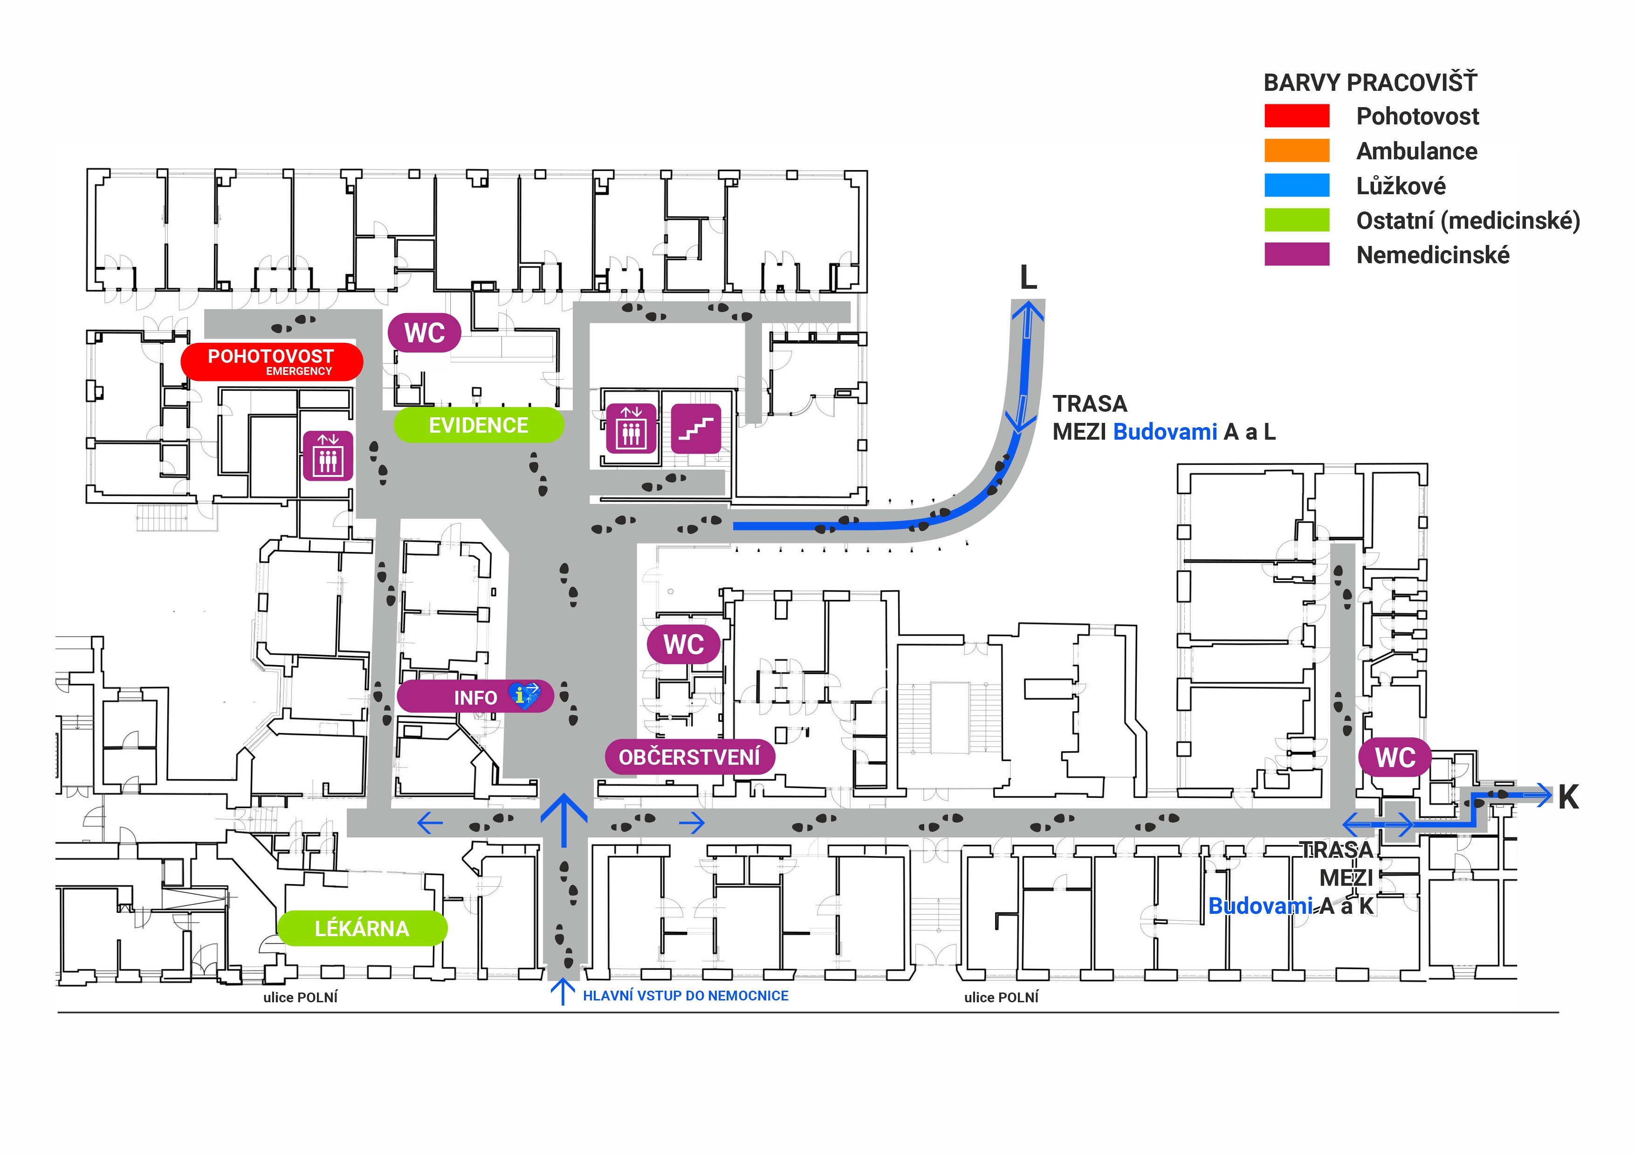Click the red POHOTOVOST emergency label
[271, 361]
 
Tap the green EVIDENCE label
[479, 425]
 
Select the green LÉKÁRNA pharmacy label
[362, 928]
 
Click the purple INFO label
[475, 697]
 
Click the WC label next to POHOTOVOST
[425, 333]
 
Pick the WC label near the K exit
[1395, 757]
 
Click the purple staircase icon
[696, 428]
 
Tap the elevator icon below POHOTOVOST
[328, 456]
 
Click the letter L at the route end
[1028, 277]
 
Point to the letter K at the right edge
[1568, 797]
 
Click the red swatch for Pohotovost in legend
[1296, 116]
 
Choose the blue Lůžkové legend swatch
[1296, 185]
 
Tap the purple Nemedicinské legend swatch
[1296, 254]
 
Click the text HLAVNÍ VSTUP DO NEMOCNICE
[685, 996]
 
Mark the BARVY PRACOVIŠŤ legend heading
[1370, 82]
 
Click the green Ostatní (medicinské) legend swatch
[1296, 220]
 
